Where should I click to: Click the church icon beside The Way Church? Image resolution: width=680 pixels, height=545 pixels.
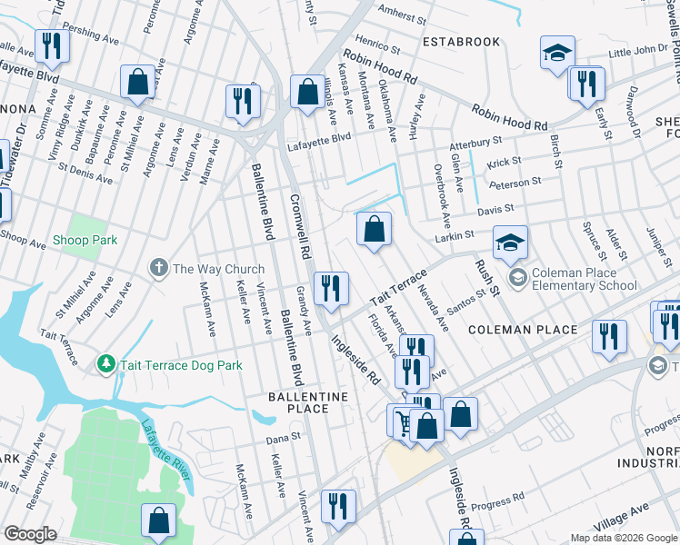(159, 268)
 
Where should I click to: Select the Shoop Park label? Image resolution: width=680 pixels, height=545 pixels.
(85, 240)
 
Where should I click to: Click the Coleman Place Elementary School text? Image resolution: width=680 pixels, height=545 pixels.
(585, 278)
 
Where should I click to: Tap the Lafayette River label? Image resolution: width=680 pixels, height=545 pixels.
(165, 451)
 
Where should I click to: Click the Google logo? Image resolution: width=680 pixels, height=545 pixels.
(30, 534)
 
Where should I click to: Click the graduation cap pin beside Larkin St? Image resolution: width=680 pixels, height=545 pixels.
(511, 243)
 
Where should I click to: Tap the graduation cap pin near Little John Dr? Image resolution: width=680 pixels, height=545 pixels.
(557, 53)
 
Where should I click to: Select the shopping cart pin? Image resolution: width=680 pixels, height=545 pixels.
(403, 421)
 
